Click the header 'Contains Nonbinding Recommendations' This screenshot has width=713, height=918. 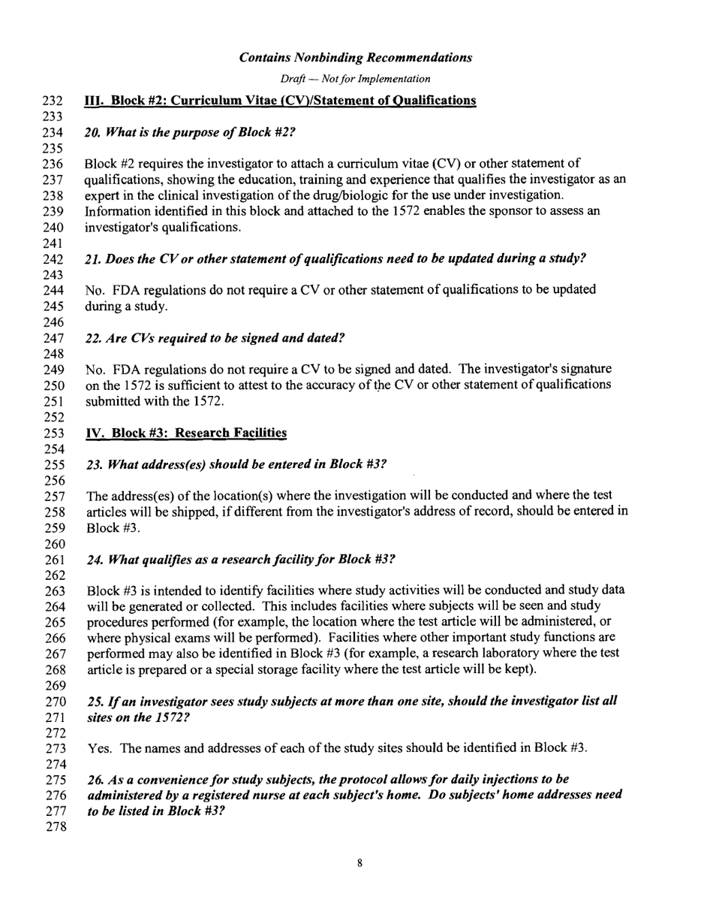click(356, 57)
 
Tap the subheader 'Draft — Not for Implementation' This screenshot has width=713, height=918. click(356, 79)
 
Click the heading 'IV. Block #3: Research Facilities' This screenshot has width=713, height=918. click(187, 433)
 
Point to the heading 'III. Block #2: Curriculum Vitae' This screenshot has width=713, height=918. click(281, 101)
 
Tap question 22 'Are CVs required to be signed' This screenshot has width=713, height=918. click(216, 339)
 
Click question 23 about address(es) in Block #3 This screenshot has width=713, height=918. click(237, 464)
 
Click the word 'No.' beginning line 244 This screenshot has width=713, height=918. click(98, 290)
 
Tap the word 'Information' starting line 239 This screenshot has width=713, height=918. click(118, 211)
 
